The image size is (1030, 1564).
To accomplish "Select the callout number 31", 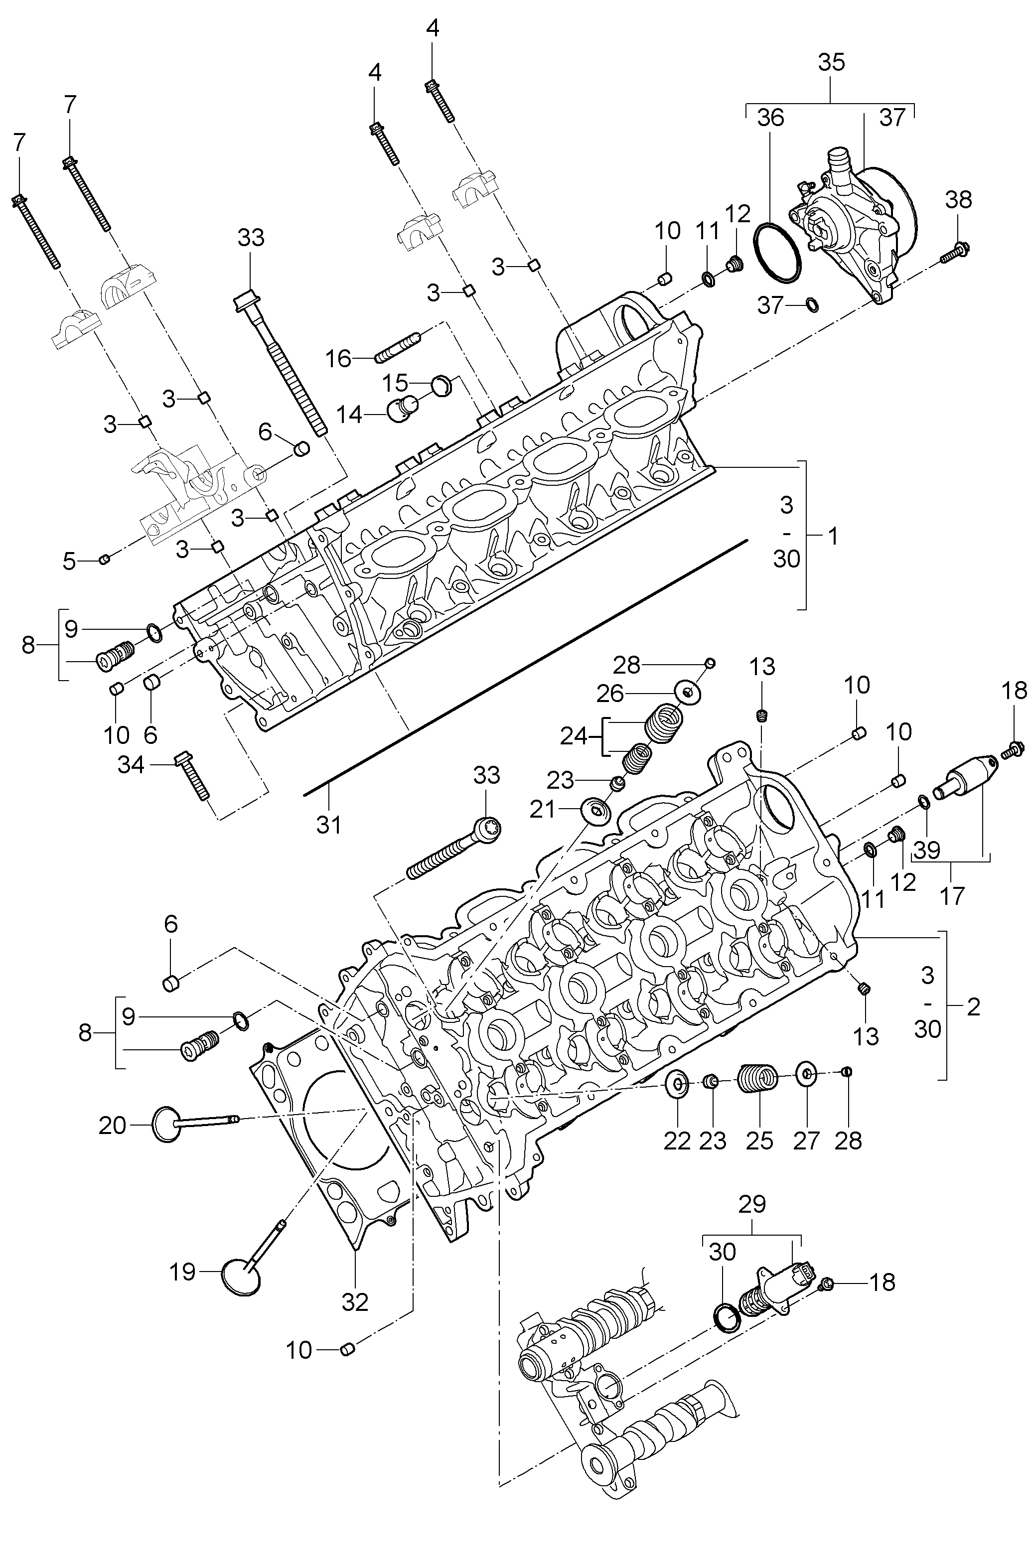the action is coord(329,824).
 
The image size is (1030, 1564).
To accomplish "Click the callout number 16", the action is coord(339,359).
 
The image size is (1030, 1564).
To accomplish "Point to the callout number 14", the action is coord(350,415).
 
